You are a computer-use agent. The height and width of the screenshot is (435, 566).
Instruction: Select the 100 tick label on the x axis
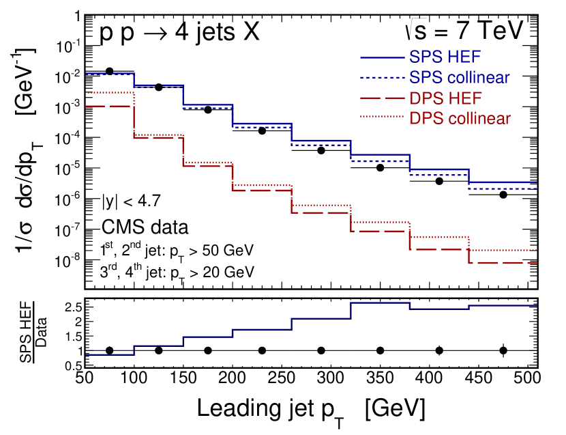134,377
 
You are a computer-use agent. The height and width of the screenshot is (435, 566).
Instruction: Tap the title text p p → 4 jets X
179,32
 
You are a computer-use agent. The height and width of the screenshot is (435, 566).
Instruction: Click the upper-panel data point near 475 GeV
503,195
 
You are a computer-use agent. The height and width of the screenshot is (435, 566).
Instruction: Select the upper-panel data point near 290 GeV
321,150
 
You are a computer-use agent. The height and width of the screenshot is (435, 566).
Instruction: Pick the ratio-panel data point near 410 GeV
439,350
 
